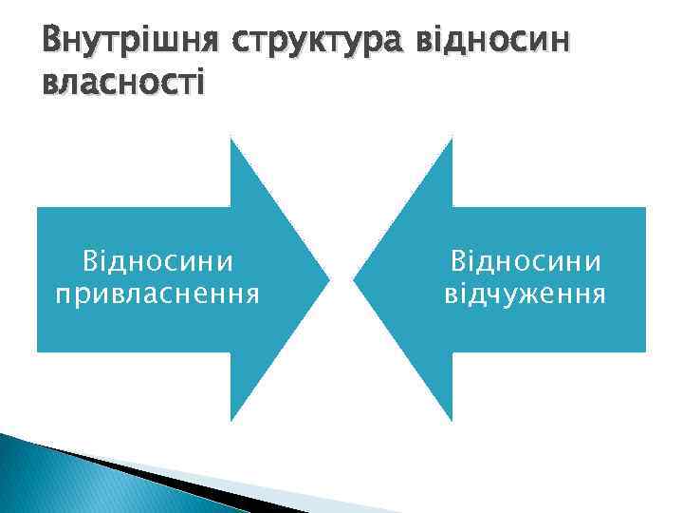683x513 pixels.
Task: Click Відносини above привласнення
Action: point(158,259)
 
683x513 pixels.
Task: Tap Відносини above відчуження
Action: point(526,259)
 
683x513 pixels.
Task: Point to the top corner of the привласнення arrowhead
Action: point(231,140)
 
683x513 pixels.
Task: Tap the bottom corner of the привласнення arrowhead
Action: point(231,420)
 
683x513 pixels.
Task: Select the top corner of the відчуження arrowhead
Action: point(452,140)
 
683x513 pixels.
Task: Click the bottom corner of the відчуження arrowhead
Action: point(452,420)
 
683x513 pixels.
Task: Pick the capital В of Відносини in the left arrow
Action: point(91,259)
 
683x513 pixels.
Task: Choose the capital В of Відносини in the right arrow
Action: point(459,259)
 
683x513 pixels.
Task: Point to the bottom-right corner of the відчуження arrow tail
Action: point(644,351)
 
